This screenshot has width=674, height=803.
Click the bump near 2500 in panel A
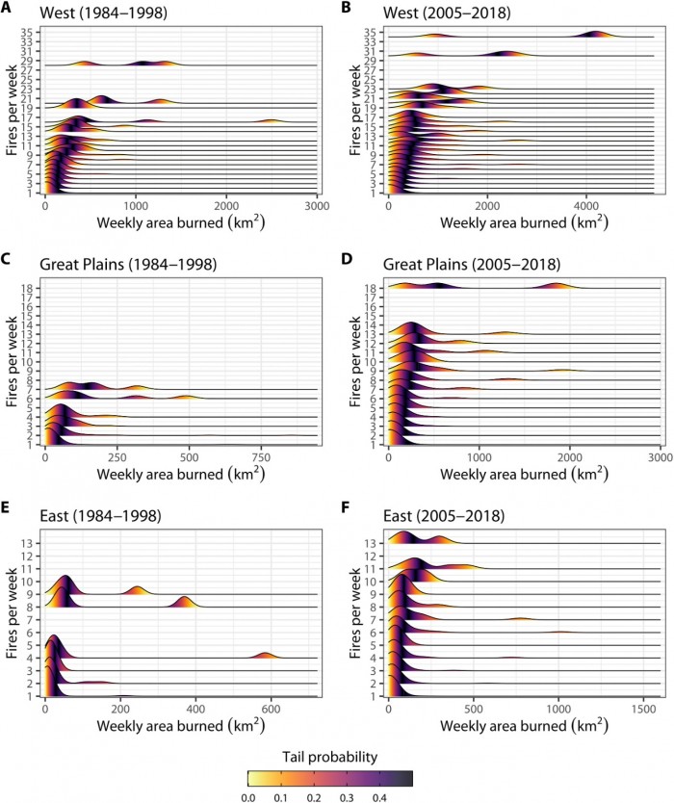(x=271, y=121)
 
